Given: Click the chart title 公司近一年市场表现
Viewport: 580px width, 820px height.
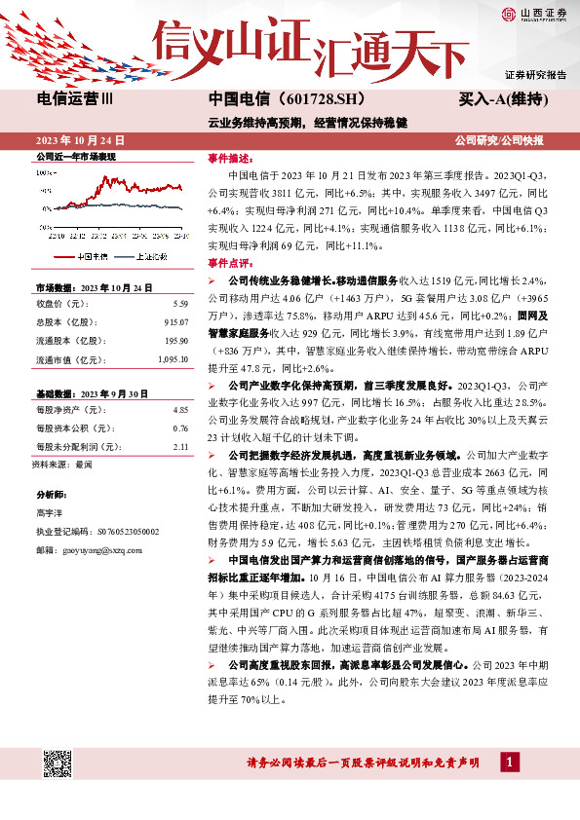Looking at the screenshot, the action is (76, 157).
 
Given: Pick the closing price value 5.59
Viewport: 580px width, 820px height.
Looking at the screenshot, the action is (178, 303).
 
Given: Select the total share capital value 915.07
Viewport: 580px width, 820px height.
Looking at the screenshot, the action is (174, 321).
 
